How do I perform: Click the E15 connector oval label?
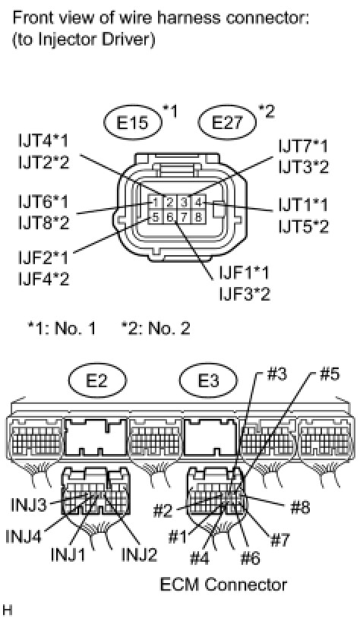[134, 124]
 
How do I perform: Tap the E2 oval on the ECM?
[98, 380]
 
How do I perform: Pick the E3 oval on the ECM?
[208, 380]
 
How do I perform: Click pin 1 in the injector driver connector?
[156, 203]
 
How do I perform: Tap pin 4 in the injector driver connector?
[198, 203]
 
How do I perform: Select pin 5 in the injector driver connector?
[156, 216]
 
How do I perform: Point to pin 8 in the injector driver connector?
[198, 216]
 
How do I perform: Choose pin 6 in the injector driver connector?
[170, 216]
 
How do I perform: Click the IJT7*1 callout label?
[303, 147]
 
